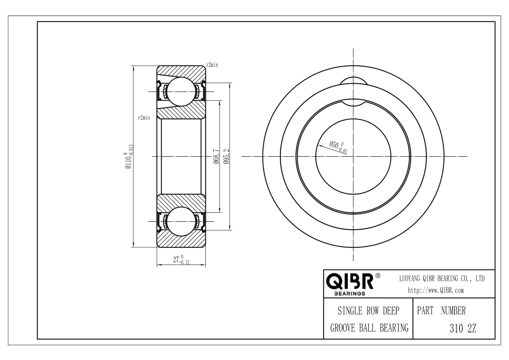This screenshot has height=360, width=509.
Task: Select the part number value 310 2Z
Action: tap(463, 328)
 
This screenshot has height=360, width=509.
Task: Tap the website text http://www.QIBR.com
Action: tap(435, 290)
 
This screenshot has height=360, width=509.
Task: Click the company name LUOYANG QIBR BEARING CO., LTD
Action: tap(442, 278)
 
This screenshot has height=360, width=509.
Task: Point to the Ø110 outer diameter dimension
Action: tap(129, 157)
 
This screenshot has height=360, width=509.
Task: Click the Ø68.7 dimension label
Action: tap(217, 156)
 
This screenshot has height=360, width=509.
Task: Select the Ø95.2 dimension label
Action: tap(227, 156)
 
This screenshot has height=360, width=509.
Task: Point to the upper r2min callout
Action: tap(212, 65)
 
